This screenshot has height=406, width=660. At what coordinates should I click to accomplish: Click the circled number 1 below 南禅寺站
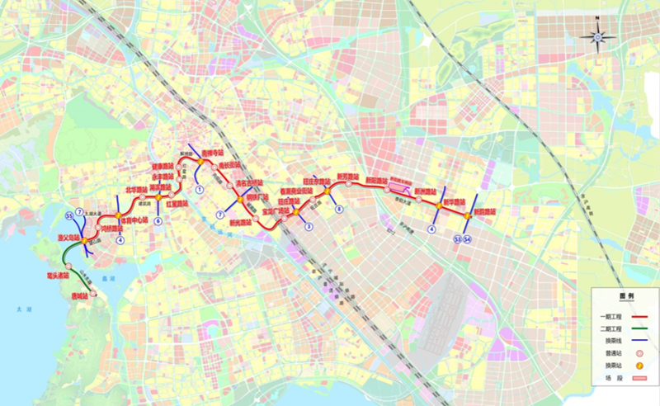point(199,189)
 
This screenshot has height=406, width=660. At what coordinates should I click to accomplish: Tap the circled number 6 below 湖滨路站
point(157,220)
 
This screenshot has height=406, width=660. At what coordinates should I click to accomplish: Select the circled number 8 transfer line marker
point(339,210)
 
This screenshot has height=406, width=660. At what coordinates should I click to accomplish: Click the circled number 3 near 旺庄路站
point(309,225)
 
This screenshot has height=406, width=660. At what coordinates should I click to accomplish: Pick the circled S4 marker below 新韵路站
point(468,238)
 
